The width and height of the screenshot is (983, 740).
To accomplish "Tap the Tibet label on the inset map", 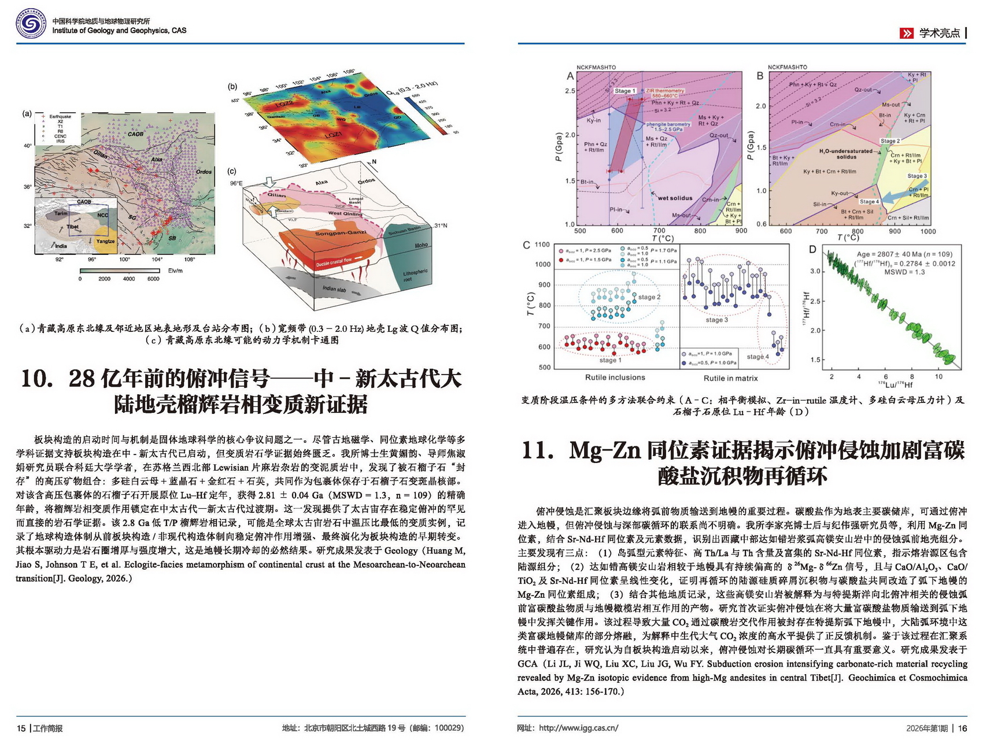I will (x=72, y=227).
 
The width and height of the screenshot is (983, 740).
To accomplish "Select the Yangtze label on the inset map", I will (x=105, y=241).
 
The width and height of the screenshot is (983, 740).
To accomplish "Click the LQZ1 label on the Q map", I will (x=334, y=135).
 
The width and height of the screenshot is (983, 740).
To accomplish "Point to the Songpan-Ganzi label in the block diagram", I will (x=341, y=233).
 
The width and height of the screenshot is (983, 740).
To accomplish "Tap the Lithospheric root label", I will (x=415, y=275).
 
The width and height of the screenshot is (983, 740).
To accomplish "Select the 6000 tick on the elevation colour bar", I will (x=153, y=279).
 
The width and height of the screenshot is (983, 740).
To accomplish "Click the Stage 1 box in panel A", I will (x=624, y=91).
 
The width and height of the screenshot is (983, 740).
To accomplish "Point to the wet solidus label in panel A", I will (x=675, y=198).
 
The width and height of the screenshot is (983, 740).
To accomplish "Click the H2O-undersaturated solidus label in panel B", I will (x=846, y=154).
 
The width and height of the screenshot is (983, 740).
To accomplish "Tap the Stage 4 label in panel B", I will (x=869, y=201).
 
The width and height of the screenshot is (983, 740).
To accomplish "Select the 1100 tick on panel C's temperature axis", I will (x=542, y=245).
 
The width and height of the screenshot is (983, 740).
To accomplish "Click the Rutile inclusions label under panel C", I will (x=615, y=378).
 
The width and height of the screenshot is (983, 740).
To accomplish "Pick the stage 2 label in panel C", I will (x=649, y=297).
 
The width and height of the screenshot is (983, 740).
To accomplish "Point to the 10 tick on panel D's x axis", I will (x=938, y=376).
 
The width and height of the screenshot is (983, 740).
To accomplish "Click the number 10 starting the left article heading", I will (x=36, y=379).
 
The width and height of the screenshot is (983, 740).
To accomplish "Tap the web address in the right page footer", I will (x=578, y=728).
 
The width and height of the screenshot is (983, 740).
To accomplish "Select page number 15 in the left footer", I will (x=21, y=728).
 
